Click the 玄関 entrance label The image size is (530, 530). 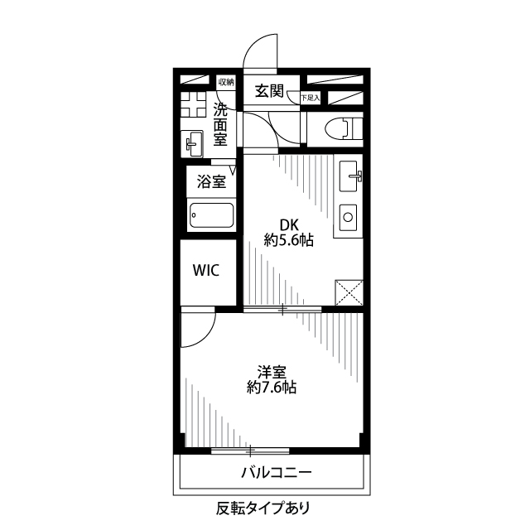coord(271,90)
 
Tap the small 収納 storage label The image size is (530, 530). coord(226,82)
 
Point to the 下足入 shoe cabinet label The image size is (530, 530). coord(310,97)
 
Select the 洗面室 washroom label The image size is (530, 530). coord(220,125)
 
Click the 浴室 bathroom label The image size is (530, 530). coord(211,182)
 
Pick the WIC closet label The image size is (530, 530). coord(206,271)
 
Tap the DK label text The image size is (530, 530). coord(288,224)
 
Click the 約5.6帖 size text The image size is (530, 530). coord(288,241)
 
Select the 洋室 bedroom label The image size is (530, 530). coord(272,370)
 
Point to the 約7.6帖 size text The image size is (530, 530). coord(272,387)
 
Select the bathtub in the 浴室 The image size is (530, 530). coord(211,215)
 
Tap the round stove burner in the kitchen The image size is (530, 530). coord(348,220)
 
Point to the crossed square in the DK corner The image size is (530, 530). coord(348,294)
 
